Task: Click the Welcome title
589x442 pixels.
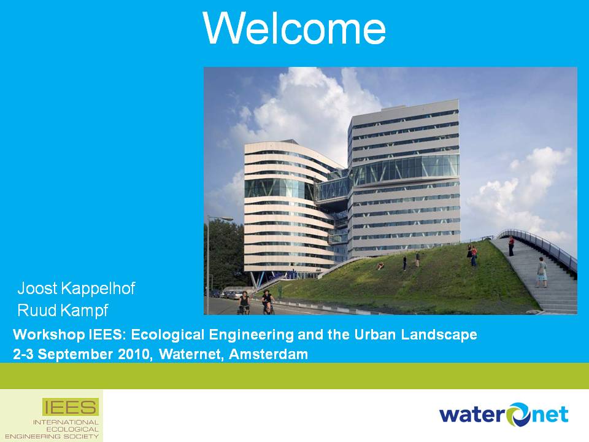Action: pyautogui.click(x=294, y=28)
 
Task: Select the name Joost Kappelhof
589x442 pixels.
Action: pyautogui.click(x=76, y=289)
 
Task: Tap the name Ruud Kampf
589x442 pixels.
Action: pyautogui.click(x=63, y=311)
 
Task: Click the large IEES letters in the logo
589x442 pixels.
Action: pyautogui.click(x=70, y=407)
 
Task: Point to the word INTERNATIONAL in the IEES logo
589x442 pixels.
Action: pyautogui.click(x=66, y=422)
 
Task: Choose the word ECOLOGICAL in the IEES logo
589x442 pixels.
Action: pyautogui.click(x=72, y=429)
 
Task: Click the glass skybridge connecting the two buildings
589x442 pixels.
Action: pyautogui.click(x=332, y=190)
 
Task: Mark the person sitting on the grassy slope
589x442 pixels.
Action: pyautogui.click(x=380, y=266)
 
